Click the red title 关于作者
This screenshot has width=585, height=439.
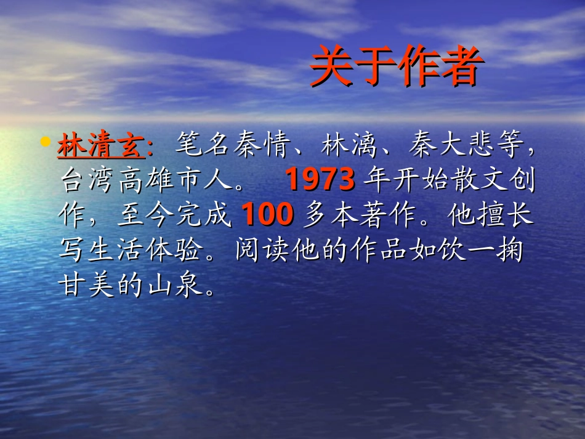[x=394, y=67]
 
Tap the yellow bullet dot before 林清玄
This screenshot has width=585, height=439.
[x=44, y=143]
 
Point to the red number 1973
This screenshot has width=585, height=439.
[x=321, y=180]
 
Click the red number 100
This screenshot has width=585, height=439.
[x=267, y=214]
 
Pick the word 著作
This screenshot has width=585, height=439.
[x=379, y=215]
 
